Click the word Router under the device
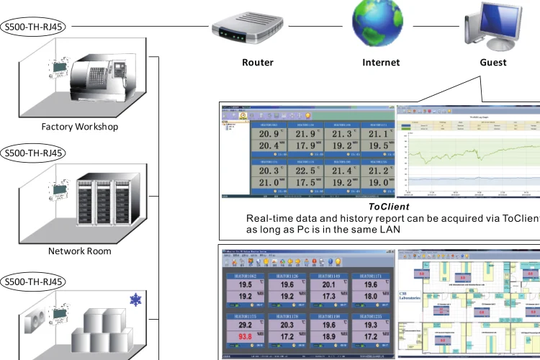(x=258, y=63)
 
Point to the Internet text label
(x=381, y=63)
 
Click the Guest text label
(x=493, y=63)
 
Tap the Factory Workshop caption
(x=80, y=127)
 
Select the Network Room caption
(x=80, y=251)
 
